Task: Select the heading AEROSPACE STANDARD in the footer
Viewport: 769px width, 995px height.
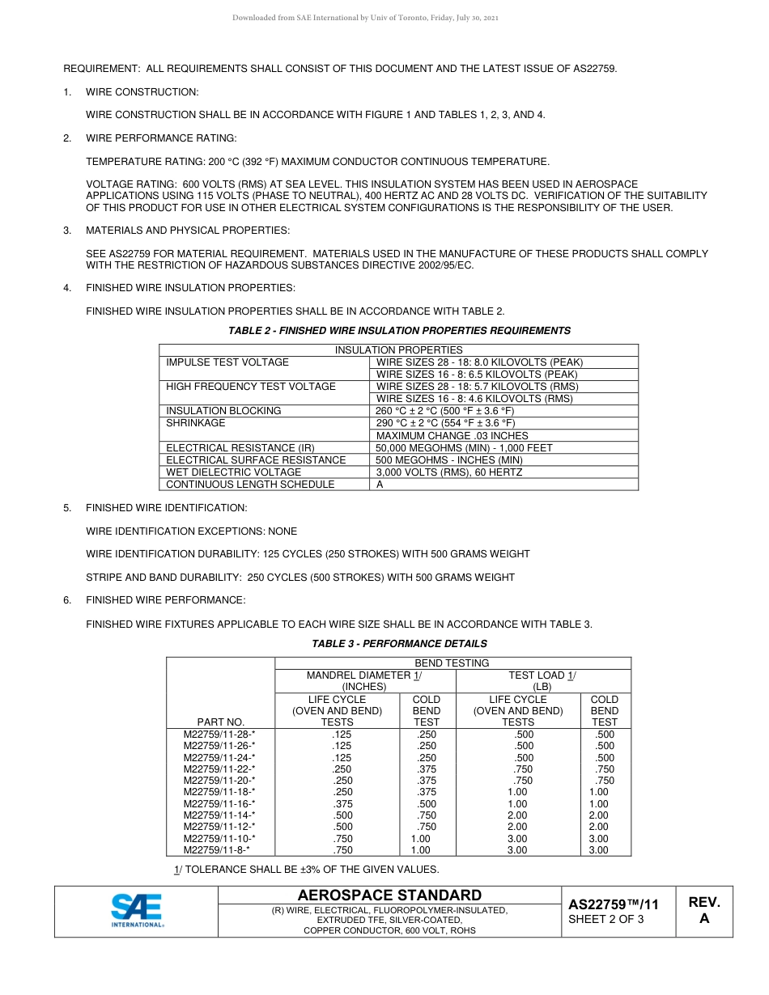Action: point(389,895)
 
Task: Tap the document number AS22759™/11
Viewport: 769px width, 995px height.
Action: point(614,904)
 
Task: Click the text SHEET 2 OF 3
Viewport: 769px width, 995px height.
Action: point(606,919)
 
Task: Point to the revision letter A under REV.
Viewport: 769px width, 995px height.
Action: point(703,918)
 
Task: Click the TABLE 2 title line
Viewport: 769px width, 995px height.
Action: point(399,331)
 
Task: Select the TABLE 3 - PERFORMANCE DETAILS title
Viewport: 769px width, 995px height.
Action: point(399,644)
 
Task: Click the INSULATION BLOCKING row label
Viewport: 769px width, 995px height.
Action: point(223,411)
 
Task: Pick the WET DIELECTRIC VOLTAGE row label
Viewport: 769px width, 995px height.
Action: point(233,472)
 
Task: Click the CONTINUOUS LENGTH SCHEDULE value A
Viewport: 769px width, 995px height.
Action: point(380,485)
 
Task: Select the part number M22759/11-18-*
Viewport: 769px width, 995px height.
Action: point(219,792)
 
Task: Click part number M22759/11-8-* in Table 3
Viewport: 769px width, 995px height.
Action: point(217,850)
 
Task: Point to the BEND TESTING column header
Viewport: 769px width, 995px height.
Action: point(452,663)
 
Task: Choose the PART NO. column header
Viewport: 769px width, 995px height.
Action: point(220,722)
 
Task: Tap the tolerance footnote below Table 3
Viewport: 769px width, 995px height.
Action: point(306,870)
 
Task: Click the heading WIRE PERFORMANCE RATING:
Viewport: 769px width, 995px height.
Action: point(161,138)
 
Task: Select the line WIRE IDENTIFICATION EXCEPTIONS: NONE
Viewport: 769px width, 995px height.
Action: point(191,531)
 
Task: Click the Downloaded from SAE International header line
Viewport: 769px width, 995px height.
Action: point(365,18)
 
